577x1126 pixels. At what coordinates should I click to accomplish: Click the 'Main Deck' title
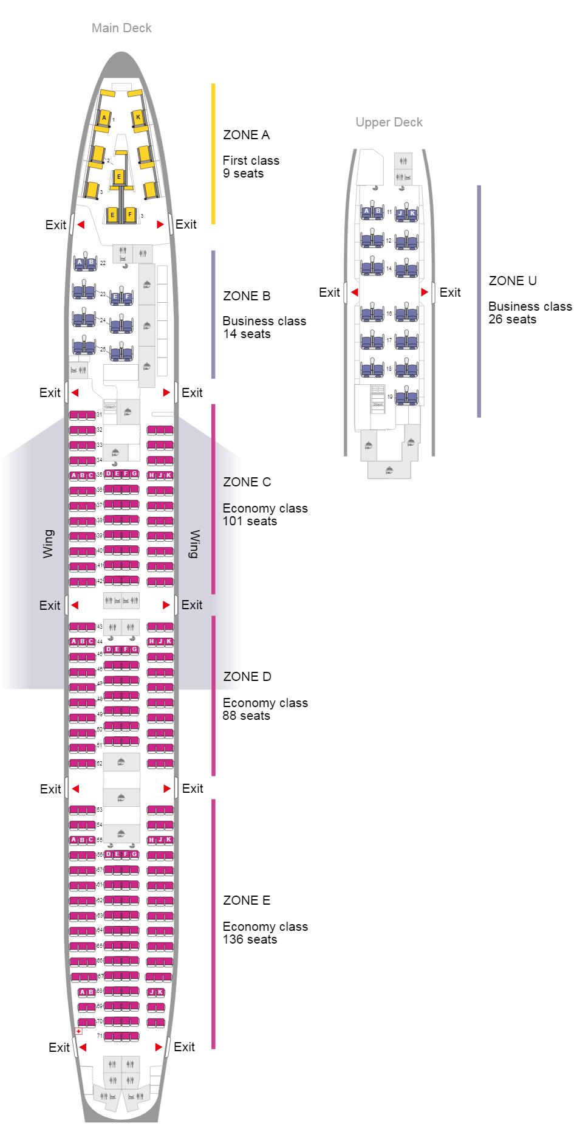coord(121,28)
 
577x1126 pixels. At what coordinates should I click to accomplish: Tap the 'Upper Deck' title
coord(389,122)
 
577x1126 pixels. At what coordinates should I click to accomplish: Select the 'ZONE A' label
coord(246,135)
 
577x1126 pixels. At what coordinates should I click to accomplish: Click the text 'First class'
coord(251,161)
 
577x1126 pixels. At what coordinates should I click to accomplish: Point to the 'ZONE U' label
coord(513,281)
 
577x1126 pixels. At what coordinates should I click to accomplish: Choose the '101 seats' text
coord(250,521)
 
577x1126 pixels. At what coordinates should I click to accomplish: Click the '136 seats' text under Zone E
coord(250,939)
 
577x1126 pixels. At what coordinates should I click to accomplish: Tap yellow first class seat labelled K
coord(138,117)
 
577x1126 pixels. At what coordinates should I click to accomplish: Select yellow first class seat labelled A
coord(104,117)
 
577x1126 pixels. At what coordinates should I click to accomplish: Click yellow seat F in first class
coord(129,215)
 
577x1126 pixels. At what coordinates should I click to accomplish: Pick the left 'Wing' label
coord(49,544)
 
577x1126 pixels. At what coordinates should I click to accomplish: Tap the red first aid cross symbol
coord(78,1031)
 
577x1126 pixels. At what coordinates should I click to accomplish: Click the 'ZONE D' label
coord(247,677)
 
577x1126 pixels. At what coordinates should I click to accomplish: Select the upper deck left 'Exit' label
coord(329,292)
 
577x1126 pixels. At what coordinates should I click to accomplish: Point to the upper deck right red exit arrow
coord(425,292)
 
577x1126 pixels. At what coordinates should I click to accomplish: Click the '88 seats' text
coord(246,716)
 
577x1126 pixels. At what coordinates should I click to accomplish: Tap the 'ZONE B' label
coord(247,296)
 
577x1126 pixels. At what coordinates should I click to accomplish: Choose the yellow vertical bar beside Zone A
coord(213,153)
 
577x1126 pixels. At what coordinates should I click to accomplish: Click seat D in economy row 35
coord(108,474)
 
